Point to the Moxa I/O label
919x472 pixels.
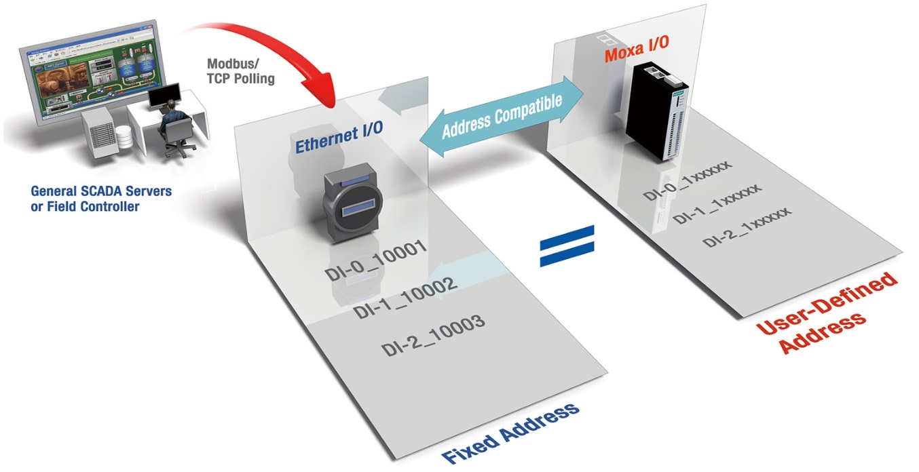tap(636, 41)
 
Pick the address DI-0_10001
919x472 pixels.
tap(383, 262)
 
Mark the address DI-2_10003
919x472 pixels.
tap(433, 334)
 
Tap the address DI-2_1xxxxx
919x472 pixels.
tap(747, 227)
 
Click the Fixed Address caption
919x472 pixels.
tap(510, 433)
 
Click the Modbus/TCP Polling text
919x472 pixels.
tap(240, 71)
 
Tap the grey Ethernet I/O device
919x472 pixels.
tap(352, 203)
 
